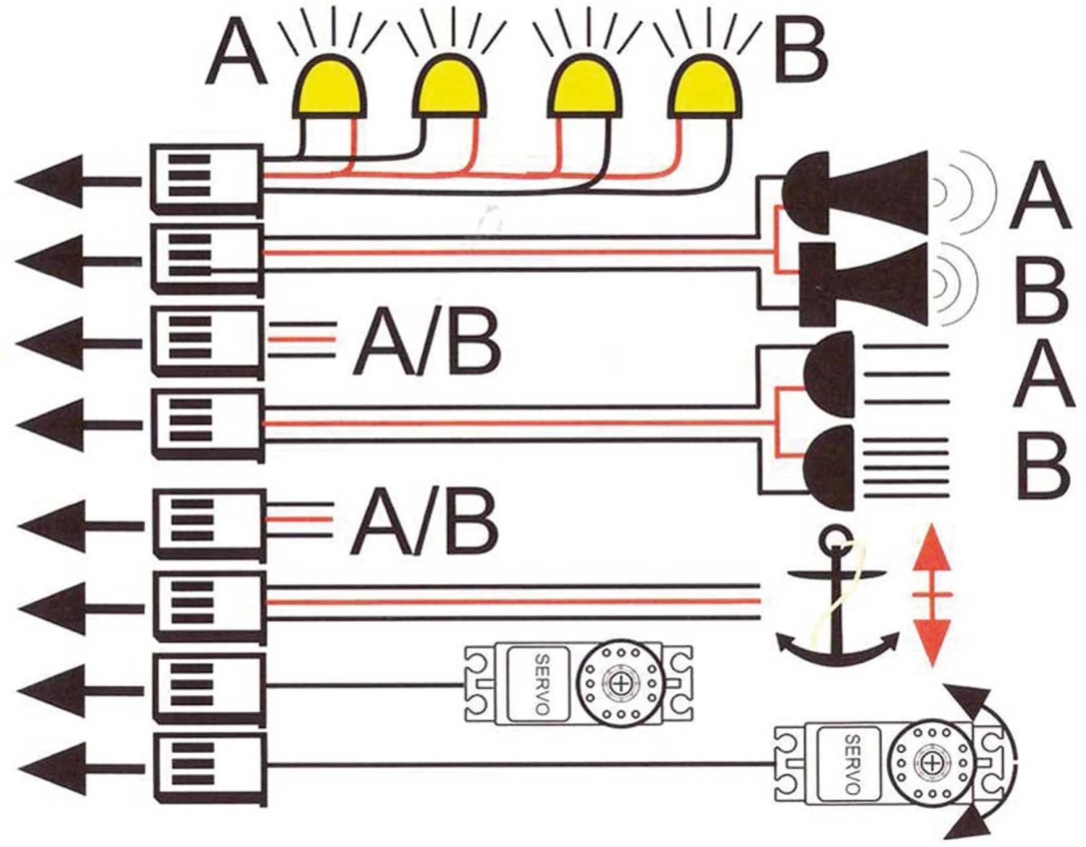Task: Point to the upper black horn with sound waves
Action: click(x=854, y=192)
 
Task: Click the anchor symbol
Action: click(x=838, y=601)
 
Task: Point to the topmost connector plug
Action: click(x=206, y=179)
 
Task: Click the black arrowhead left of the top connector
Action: click(x=47, y=181)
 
